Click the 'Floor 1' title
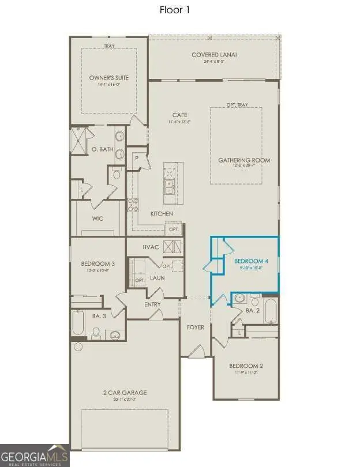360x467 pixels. click(174, 10)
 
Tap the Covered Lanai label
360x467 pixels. click(215, 55)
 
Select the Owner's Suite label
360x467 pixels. click(108, 77)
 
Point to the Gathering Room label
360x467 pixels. click(244, 160)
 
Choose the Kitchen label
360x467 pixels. click(162, 214)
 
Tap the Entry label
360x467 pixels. click(153, 304)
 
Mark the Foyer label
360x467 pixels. click(196, 327)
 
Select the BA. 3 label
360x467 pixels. click(99, 316)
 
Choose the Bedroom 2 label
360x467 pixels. click(246, 366)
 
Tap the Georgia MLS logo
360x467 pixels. click(35, 455)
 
